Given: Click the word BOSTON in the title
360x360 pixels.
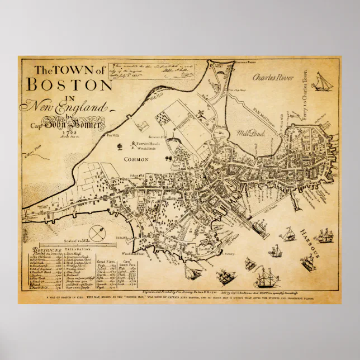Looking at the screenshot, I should (66, 85).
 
